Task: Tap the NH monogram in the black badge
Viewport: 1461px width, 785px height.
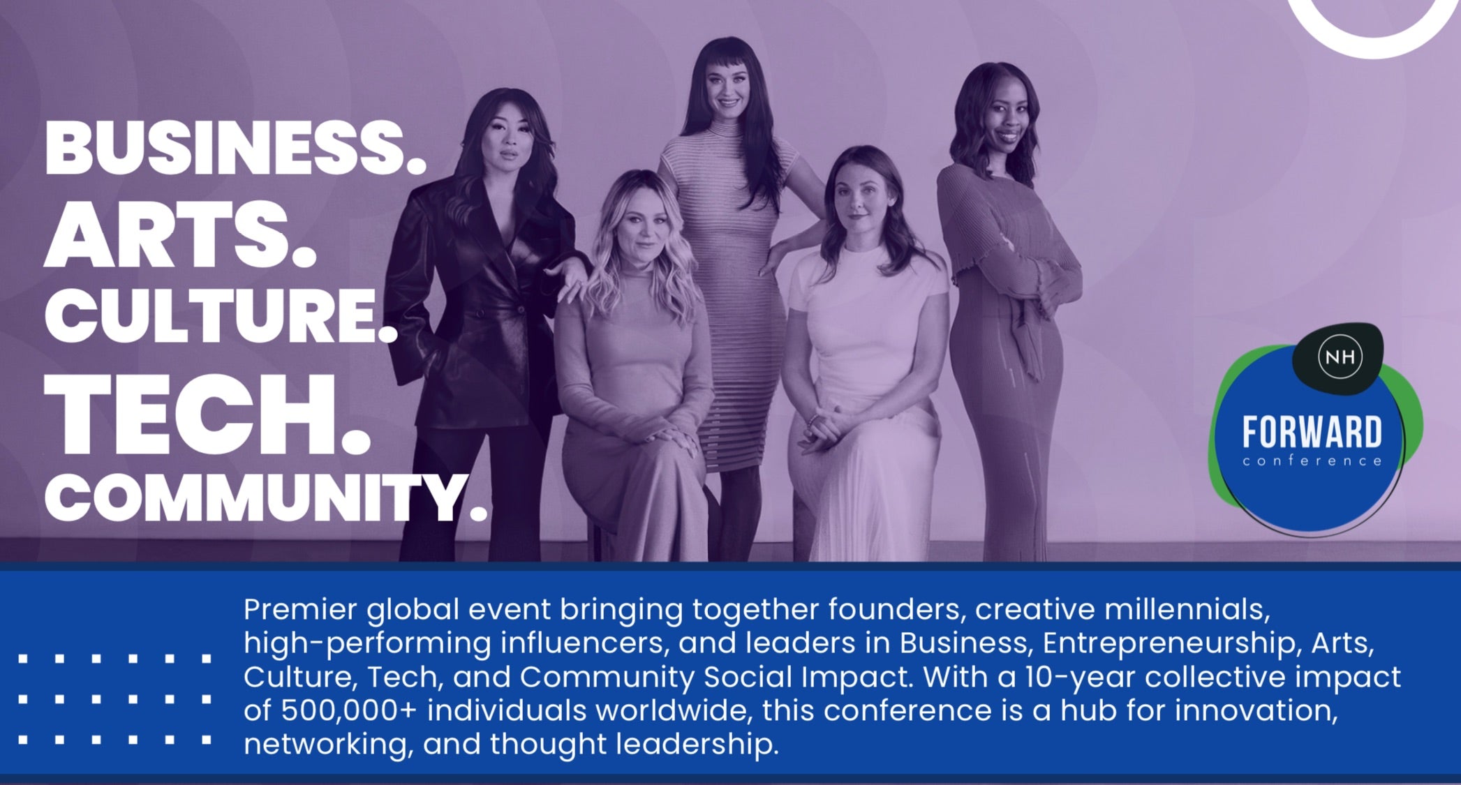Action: [x=1340, y=357]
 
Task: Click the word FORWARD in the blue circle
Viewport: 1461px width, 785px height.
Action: [x=1312, y=432]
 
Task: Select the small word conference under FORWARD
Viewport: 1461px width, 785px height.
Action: [x=1312, y=461]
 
